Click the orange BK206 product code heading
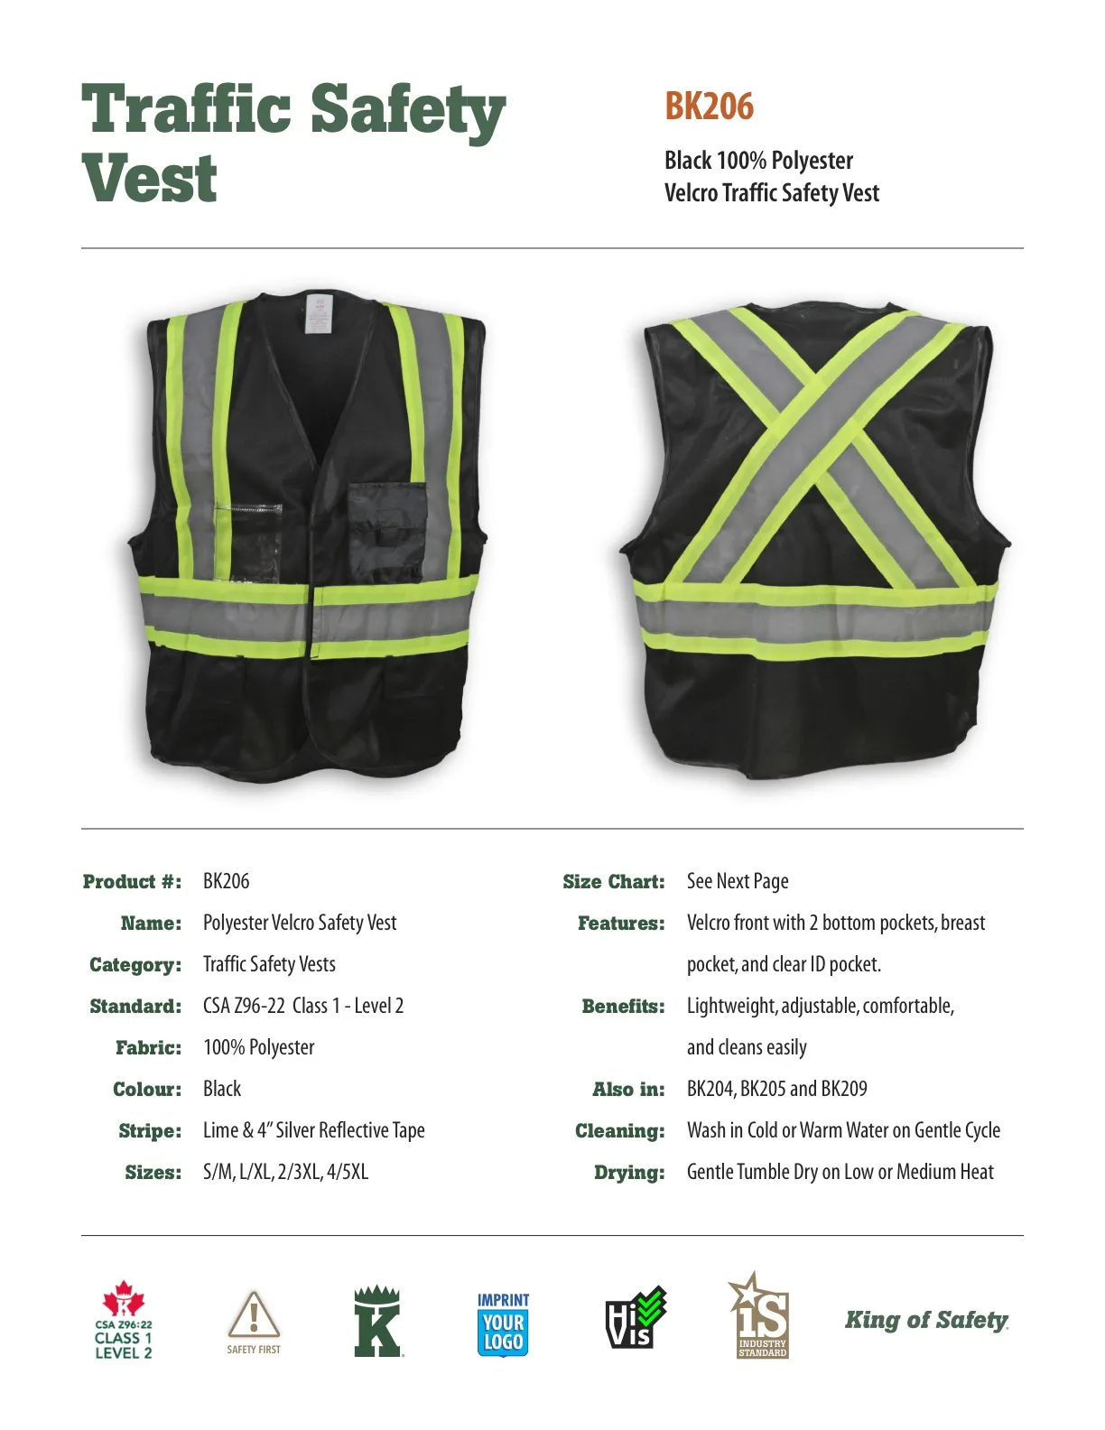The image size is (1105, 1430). click(709, 107)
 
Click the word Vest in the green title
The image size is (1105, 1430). click(150, 179)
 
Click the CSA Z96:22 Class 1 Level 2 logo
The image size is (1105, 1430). click(124, 1320)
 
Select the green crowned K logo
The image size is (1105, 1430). click(377, 1321)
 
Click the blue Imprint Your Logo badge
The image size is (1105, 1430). click(503, 1323)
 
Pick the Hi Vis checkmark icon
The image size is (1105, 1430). click(635, 1317)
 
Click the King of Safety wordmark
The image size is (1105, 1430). click(926, 1320)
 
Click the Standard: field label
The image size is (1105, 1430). click(135, 1007)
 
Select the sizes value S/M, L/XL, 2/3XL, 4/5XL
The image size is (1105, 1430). click(285, 1172)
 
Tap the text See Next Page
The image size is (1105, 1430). click(738, 881)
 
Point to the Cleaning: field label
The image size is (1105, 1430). click(619, 1131)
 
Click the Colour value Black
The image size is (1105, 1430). click(222, 1089)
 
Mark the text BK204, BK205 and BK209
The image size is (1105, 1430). click(776, 1089)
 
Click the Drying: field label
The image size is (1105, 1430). click(629, 1173)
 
